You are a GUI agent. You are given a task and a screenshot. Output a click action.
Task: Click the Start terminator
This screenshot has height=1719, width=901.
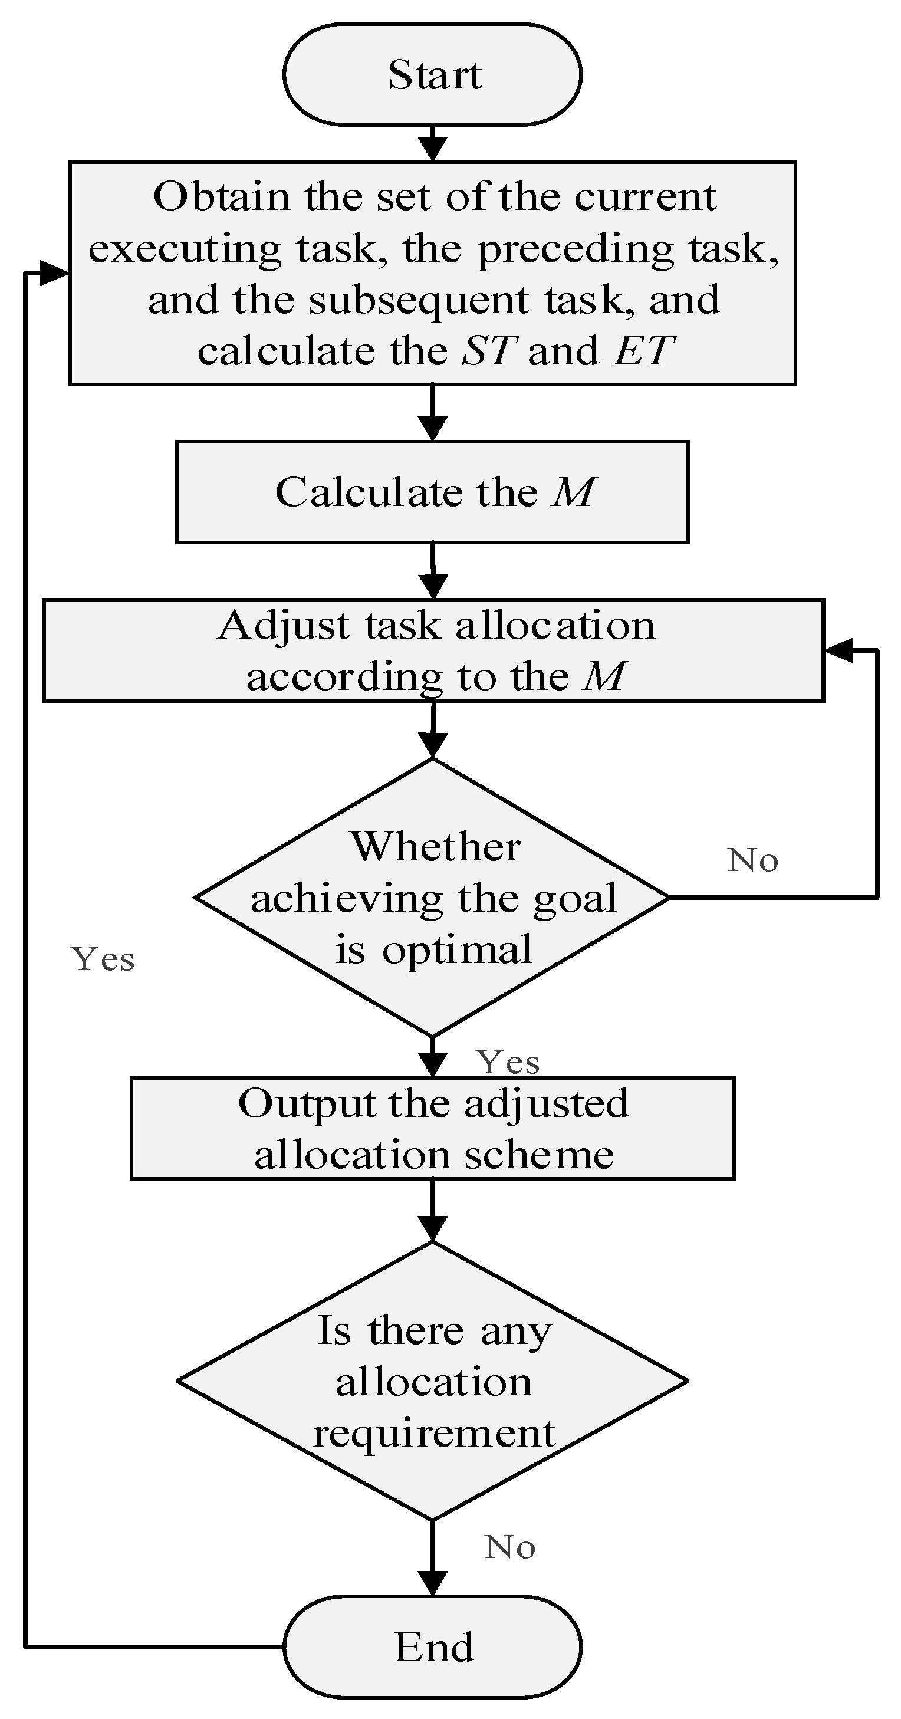432,74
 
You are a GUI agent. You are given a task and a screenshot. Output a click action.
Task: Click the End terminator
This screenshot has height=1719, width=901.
432,1646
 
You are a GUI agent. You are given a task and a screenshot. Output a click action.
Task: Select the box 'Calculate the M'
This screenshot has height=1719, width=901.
432,492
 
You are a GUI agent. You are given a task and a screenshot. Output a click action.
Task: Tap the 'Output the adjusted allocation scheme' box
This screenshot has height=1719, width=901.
432,1129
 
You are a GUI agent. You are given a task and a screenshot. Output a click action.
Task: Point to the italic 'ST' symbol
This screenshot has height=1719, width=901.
489,350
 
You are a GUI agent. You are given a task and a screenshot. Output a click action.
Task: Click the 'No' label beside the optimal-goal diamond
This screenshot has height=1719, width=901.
753,860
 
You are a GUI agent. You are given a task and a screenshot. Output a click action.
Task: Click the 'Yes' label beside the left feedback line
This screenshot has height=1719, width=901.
103,959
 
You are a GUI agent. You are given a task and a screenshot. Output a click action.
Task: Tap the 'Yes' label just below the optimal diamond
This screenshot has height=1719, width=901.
507,1063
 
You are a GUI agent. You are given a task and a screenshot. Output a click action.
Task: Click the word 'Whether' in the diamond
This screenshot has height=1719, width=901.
435,847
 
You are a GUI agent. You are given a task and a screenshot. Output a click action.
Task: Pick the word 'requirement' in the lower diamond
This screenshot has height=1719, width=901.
434,1434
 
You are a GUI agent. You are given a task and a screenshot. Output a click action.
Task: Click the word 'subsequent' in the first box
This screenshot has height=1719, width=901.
419,300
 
